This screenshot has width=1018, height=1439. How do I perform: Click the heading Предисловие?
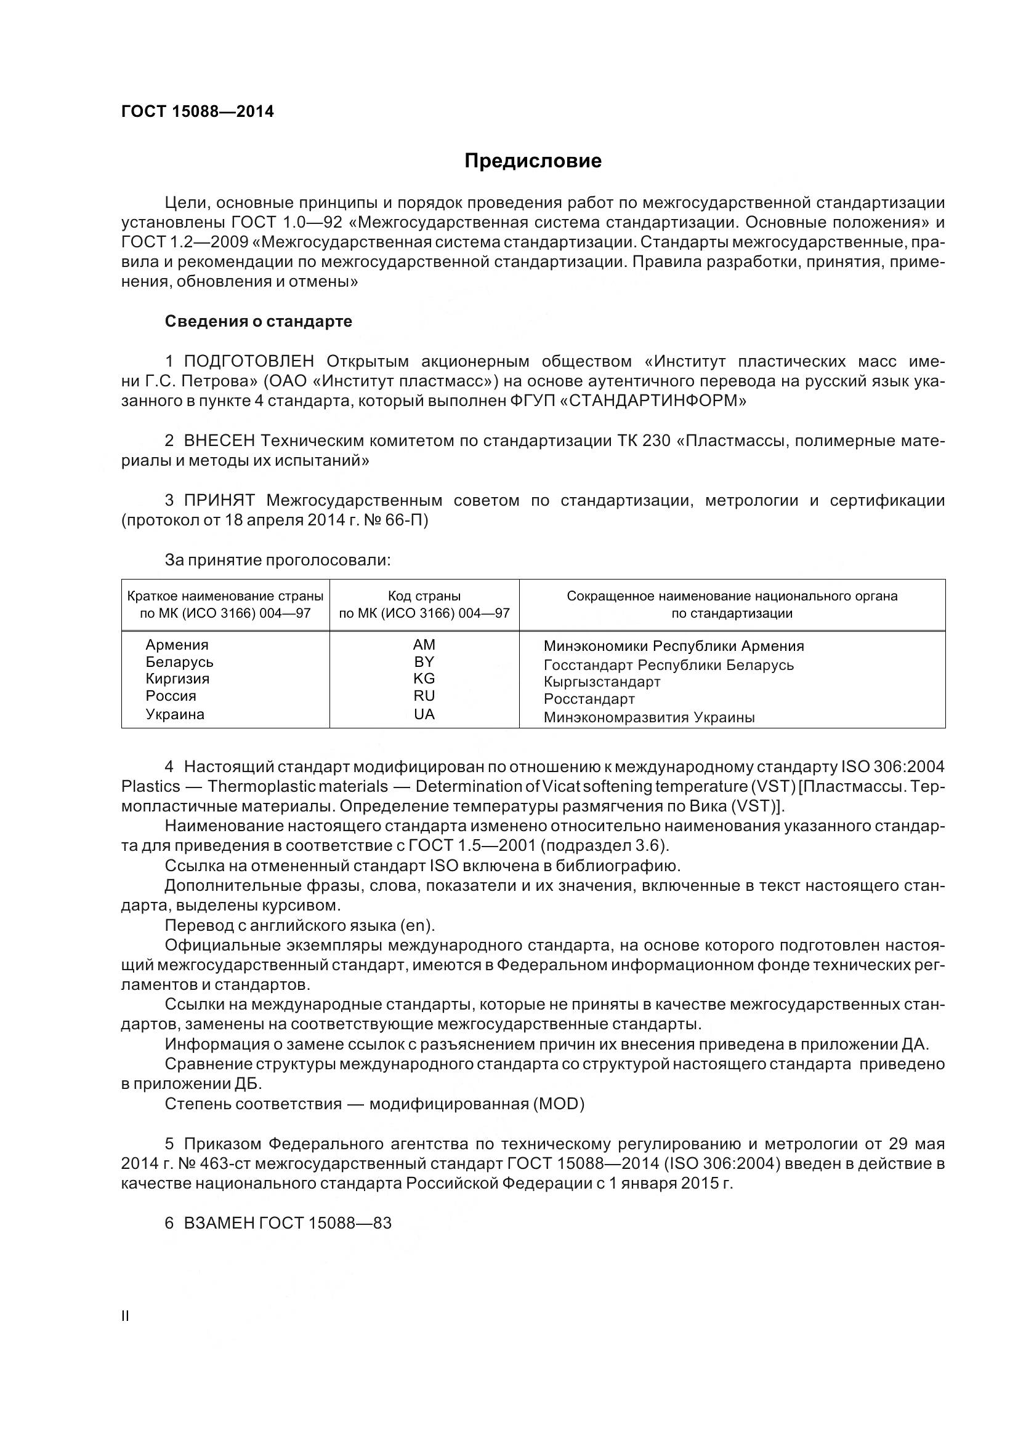click(533, 161)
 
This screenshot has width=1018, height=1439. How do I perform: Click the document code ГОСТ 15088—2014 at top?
click(198, 112)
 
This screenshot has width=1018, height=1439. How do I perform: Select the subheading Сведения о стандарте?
click(259, 322)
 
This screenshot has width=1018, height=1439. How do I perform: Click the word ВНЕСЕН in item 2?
click(219, 441)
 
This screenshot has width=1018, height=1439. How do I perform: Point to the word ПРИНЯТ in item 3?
click(219, 501)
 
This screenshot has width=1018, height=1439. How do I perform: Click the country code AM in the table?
click(424, 645)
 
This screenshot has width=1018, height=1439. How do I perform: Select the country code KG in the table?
click(424, 679)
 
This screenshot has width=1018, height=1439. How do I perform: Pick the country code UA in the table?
click(424, 714)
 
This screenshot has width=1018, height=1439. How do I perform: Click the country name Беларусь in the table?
click(179, 662)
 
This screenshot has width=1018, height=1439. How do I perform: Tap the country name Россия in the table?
click(171, 696)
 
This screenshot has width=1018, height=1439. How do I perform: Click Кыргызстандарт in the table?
click(602, 682)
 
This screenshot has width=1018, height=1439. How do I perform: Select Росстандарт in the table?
click(589, 699)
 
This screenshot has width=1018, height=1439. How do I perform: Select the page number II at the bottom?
click(126, 1316)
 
